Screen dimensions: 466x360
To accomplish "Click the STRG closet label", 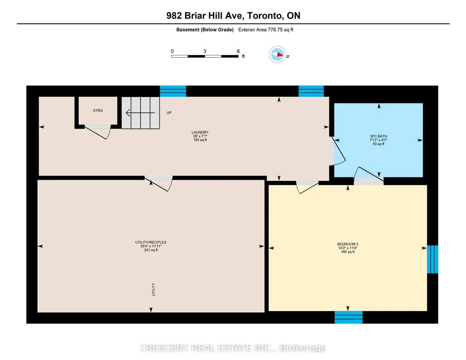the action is pyautogui.click(x=98, y=111).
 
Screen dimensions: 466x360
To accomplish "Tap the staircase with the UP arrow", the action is pyautogui.click(x=141, y=113).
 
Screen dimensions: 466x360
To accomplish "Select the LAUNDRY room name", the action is pyautogui.click(x=200, y=132).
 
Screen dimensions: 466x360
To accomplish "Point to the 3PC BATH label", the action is pyautogui.click(x=378, y=136).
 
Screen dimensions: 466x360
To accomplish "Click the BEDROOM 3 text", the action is pyautogui.click(x=348, y=244).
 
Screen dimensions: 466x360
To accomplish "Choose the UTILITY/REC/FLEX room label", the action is pyautogui.click(x=151, y=242).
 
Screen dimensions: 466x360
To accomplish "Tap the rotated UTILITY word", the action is pyautogui.click(x=153, y=289).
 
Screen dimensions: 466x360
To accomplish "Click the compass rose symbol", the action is pyautogui.click(x=277, y=54).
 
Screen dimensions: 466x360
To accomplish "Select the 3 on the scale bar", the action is pyautogui.click(x=205, y=51).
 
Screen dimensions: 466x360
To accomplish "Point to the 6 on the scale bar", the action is pyautogui.click(x=238, y=51).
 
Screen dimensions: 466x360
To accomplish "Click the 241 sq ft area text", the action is pyautogui.click(x=151, y=250).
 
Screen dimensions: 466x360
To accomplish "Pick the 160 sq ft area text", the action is pyautogui.click(x=348, y=252).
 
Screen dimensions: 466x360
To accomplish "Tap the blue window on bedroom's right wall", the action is pyautogui.click(x=433, y=259).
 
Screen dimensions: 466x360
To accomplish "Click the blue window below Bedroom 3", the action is pyautogui.click(x=348, y=317).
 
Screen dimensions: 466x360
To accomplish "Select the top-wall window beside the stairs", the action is pyautogui.click(x=173, y=91).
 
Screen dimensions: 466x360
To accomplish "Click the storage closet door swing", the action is pyautogui.click(x=98, y=132).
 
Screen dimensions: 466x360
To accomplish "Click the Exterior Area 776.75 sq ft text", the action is pyautogui.click(x=265, y=30).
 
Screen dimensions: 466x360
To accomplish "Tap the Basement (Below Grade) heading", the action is pyautogui.click(x=205, y=30).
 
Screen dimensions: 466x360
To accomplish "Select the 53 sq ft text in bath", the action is pyautogui.click(x=378, y=144).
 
